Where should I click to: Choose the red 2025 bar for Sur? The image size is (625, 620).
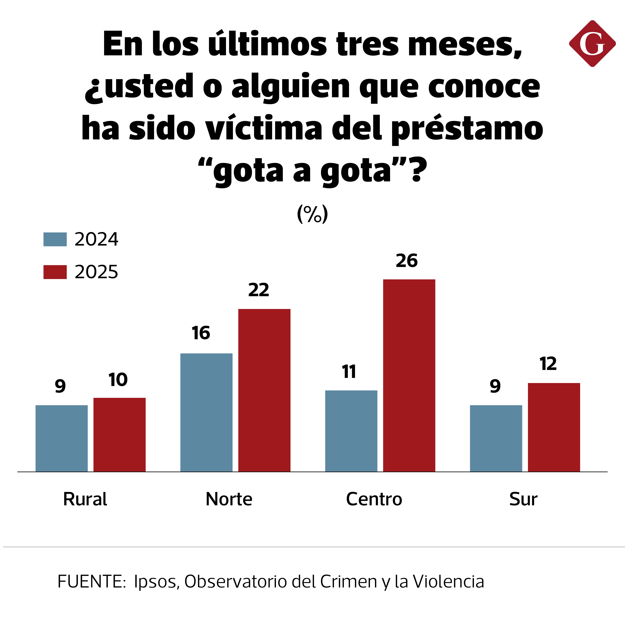[554, 427]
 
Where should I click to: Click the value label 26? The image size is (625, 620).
[407, 261]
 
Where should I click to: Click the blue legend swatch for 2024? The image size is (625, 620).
[55, 240]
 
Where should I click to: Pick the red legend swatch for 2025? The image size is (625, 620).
[55, 272]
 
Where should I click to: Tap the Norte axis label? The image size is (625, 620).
[229, 499]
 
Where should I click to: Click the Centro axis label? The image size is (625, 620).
[374, 499]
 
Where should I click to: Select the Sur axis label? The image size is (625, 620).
[523, 499]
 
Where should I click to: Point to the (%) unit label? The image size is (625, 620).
[312, 214]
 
